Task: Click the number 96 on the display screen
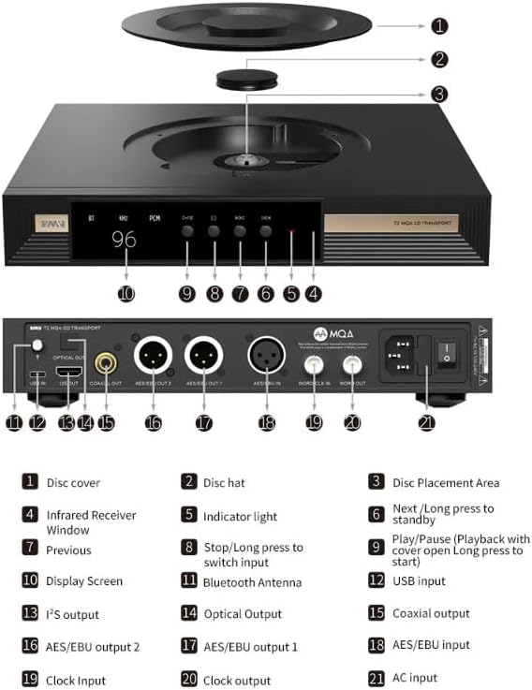(124, 240)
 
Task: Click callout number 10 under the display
(126, 293)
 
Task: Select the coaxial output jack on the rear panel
(106, 358)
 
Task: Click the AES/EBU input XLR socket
(266, 357)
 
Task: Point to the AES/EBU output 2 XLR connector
(153, 357)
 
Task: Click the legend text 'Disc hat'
(225, 483)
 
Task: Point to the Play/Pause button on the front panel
(187, 230)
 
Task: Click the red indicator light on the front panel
(291, 231)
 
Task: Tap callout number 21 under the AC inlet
(432, 422)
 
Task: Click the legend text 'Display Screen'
(84, 581)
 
